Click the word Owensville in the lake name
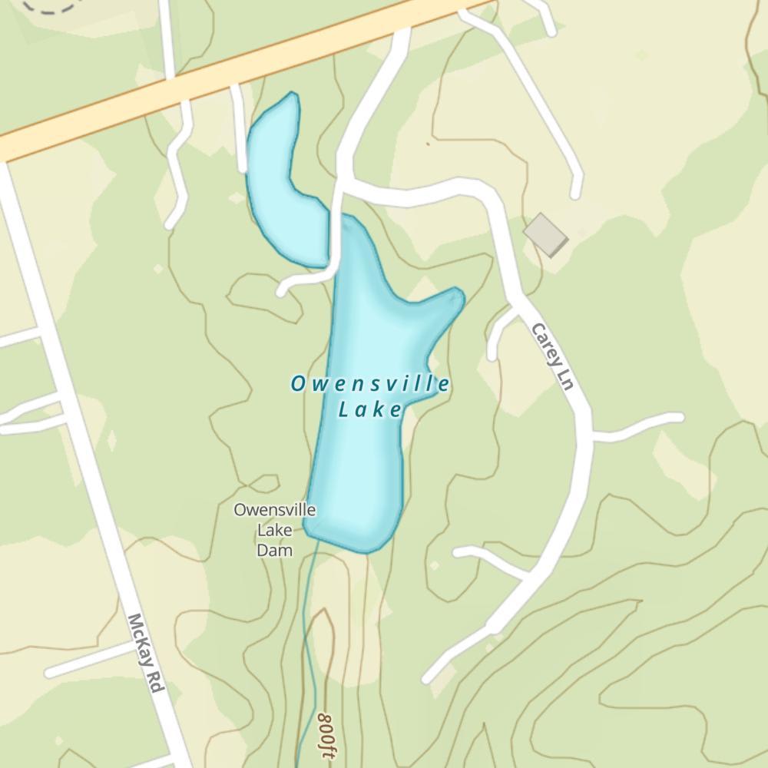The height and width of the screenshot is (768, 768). [x=369, y=384]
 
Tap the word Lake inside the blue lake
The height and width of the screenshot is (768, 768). [x=369, y=410]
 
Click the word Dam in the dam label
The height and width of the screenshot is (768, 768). [x=274, y=550]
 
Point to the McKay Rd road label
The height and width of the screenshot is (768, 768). [x=147, y=654]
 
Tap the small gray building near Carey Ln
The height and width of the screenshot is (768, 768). [x=545, y=235]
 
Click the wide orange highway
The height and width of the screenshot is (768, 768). [x=230, y=77]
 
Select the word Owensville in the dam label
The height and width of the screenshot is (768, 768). [x=274, y=510]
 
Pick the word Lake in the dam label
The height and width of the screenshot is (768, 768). [x=274, y=530]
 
